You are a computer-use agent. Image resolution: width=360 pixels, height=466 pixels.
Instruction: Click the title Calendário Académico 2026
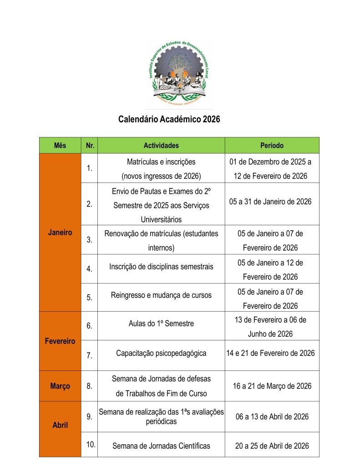[169, 120]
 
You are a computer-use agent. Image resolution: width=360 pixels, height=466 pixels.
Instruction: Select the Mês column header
[60, 146]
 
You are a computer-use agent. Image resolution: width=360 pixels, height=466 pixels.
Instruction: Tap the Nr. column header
[89, 146]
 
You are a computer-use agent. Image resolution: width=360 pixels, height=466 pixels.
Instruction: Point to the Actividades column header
[161, 146]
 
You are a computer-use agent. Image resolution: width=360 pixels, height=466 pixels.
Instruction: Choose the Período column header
[272, 146]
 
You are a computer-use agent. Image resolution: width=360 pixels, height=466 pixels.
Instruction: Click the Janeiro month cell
[60, 233]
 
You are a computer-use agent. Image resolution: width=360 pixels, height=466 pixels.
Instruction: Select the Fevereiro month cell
[60, 341]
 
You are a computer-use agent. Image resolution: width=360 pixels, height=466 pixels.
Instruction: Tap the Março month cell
[60, 386]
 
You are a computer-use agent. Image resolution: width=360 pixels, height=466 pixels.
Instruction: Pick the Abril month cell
[60, 425]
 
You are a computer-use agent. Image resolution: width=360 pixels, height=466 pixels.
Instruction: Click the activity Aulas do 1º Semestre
[161, 324]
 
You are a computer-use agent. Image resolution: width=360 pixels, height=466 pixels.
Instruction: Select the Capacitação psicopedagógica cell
[161, 353]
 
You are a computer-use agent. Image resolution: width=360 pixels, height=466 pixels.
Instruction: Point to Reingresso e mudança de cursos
[161, 295]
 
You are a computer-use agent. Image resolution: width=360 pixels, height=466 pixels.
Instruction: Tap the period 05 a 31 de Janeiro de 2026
[272, 202]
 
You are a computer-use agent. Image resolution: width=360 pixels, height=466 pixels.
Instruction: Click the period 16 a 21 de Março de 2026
[272, 386]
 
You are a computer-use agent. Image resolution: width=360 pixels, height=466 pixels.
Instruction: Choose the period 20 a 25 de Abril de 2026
[272, 446]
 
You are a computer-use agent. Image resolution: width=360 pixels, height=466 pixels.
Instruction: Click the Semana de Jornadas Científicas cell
[161, 446]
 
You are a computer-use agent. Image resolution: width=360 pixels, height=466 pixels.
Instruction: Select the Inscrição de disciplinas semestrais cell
[161, 267]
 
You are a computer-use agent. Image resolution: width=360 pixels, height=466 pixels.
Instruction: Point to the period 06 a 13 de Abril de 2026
[272, 417]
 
